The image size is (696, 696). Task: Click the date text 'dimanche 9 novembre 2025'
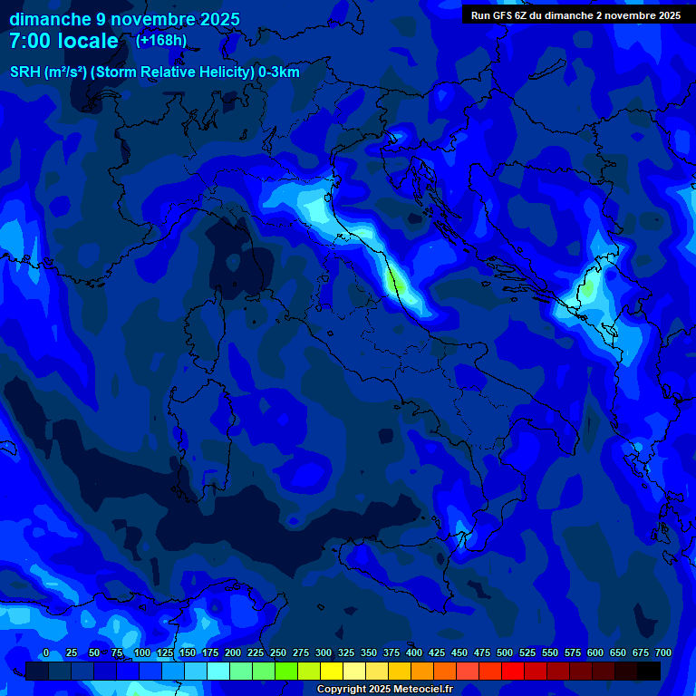point(124,19)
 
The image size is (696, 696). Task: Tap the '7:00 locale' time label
point(63,41)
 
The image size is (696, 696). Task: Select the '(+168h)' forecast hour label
point(160,40)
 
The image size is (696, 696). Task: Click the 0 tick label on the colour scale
point(46,652)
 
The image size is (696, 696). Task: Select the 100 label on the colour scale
point(142,652)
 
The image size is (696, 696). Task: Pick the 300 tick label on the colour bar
point(324,652)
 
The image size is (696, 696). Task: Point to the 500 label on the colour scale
point(505,652)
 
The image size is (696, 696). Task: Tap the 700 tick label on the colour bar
point(663,652)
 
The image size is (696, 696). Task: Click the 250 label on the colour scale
point(278,652)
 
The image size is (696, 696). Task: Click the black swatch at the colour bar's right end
point(649,671)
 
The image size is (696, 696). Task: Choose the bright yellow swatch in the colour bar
point(332,671)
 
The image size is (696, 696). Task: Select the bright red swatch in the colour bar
point(513,671)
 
